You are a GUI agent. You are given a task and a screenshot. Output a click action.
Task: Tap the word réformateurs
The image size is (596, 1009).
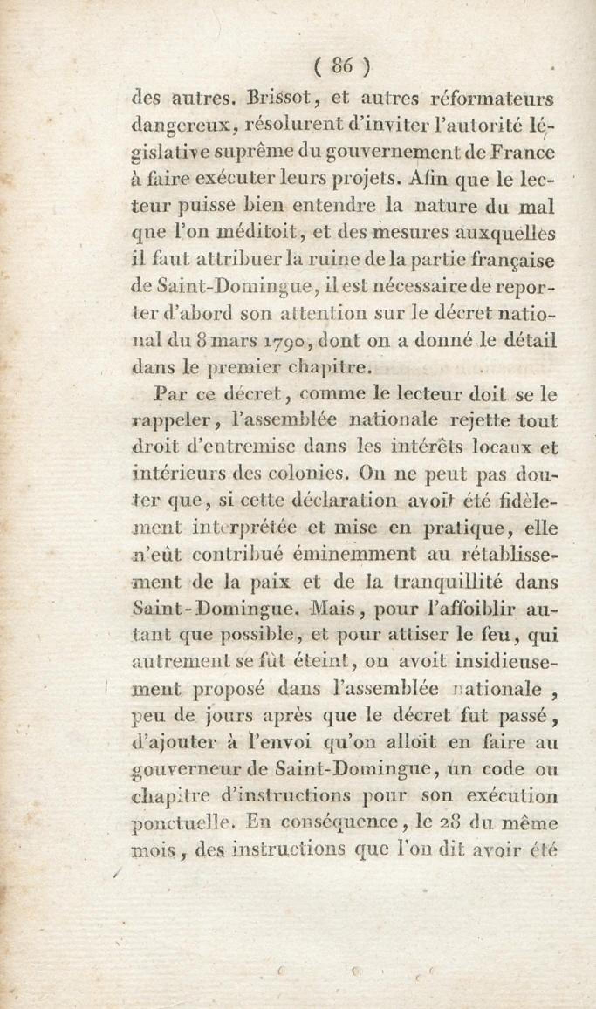(x=486, y=99)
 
